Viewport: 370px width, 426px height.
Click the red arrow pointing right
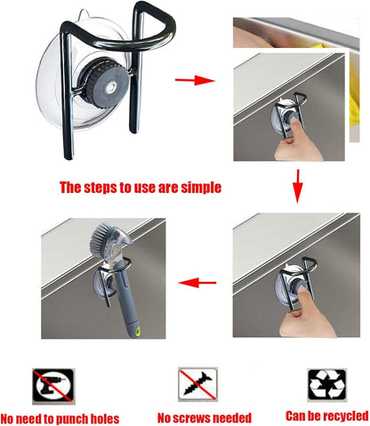click(x=195, y=80)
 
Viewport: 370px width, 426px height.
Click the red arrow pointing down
click(x=298, y=186)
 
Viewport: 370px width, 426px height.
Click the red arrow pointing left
click(x=197, y=283)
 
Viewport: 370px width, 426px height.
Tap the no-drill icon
click(x=53, y=386)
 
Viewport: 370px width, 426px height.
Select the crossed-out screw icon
click(x=197, y=384)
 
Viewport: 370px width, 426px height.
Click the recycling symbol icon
click(x=327, y=384)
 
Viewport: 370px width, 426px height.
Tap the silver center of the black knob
click(x=110, y=88)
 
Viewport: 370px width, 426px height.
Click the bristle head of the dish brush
click(x=102, y=233)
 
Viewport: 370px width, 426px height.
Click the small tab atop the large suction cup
click(x=84, y=14)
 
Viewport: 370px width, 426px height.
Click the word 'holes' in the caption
click(x=105, y=419)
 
